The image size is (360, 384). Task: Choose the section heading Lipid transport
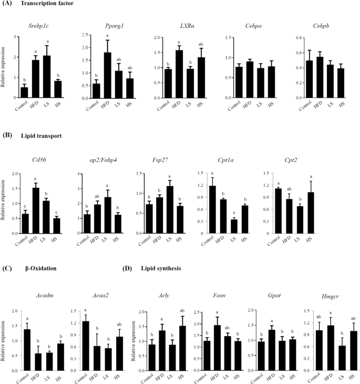37,136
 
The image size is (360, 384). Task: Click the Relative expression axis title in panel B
5,205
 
